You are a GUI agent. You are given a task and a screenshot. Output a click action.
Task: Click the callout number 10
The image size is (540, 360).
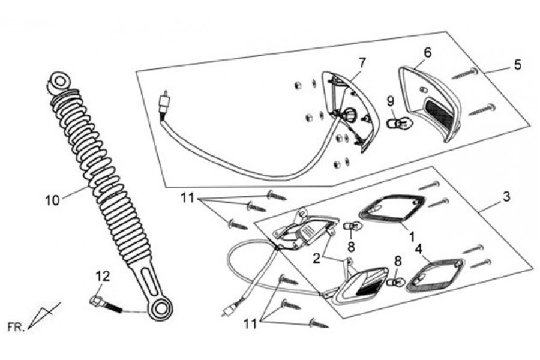click(52, 200)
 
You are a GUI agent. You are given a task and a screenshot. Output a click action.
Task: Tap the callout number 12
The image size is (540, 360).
click(103, 277)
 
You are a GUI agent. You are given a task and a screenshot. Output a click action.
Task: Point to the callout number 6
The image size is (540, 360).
click(427, 52)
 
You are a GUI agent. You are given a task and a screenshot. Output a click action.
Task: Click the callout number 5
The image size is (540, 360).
click(518, 64)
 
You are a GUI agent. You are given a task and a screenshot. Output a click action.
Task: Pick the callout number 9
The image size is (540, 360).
click(389, 100)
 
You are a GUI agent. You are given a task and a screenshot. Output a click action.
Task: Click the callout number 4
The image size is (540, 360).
click(419, 247)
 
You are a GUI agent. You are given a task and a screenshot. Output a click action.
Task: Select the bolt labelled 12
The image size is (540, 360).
click(105, 302)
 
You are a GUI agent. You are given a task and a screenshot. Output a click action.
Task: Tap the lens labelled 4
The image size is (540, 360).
click(435, 275)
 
